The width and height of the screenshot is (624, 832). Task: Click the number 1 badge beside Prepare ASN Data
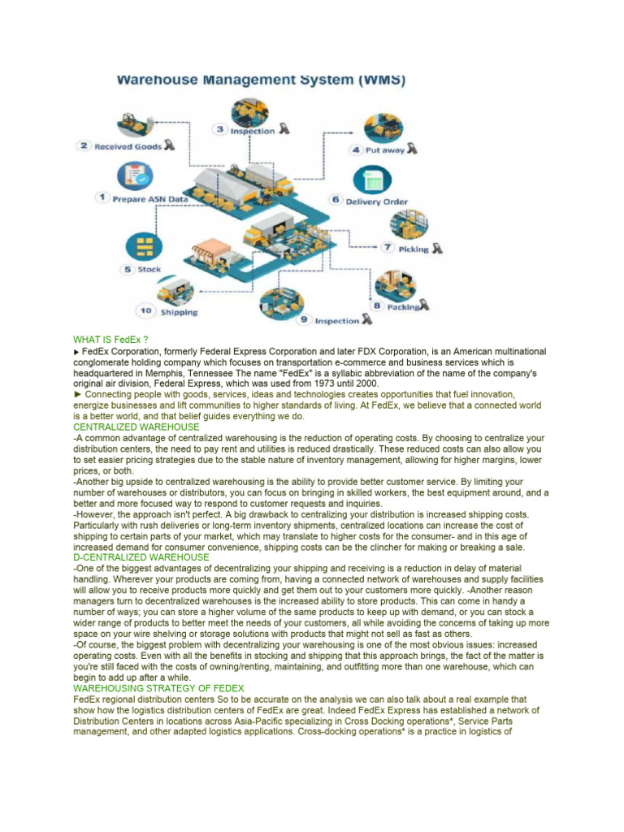(x=102, y=197)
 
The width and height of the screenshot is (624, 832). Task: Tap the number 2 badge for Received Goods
(x=84, y=146)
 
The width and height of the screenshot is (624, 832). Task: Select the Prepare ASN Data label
(x=150, y=198)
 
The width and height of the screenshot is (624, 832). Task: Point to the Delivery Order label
(x=377, y=201)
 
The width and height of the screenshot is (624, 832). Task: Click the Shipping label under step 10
(x=179, y=311)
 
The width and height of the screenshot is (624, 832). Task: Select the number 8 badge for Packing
(x=377, y=306)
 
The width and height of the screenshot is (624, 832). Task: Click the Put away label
(x=385, y=150)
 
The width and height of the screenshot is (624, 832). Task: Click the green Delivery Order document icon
(x=375, y=180)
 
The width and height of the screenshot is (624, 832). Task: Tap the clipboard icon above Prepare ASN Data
(x=136, y=175)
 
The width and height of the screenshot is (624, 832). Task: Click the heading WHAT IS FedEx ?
(x=110, y=339)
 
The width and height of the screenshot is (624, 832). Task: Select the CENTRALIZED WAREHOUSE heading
(x=136, y=427)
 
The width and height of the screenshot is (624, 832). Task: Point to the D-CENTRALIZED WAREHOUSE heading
(x=141, y=557)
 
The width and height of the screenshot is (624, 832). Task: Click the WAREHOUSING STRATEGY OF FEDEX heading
(x=158, y=688)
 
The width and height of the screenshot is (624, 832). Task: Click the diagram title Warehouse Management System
(x=260, y=80)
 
